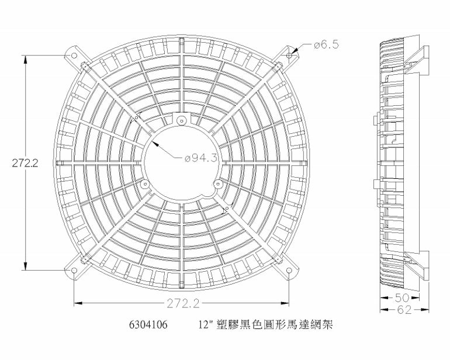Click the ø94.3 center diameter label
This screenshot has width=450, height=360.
click(x=201, y=158)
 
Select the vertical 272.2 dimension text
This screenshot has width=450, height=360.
click(x=25, y=164)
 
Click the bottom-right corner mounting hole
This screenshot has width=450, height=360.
click(x=290, y=271)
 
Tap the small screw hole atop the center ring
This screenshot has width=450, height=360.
click(x=182, y=120)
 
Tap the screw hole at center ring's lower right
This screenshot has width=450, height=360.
click(x=218, y=185)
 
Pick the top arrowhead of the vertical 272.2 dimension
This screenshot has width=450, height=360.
click(x=26, y=57)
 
